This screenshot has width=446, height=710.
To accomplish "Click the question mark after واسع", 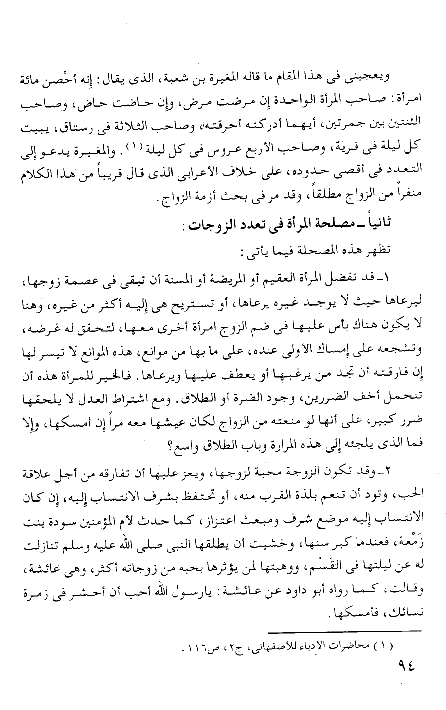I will pyautogui.click(x=166, y=448).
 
